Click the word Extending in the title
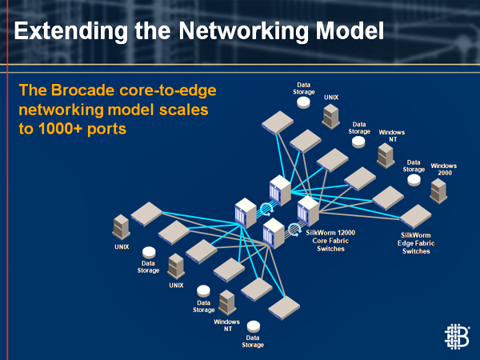[70, 31]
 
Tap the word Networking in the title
[243, 31]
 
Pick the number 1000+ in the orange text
[60, 129]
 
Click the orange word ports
[106, 130]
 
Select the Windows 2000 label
[444, 170]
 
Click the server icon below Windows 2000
[438, 191]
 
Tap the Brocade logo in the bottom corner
[457, 337]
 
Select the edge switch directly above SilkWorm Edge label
[415, 217]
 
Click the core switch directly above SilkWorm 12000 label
[308, 211]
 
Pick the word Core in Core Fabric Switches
[319, 241]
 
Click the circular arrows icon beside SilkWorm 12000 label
[294, 230]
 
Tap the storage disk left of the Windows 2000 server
[414, 180]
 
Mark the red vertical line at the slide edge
[7, 180]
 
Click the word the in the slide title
[153, 31]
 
